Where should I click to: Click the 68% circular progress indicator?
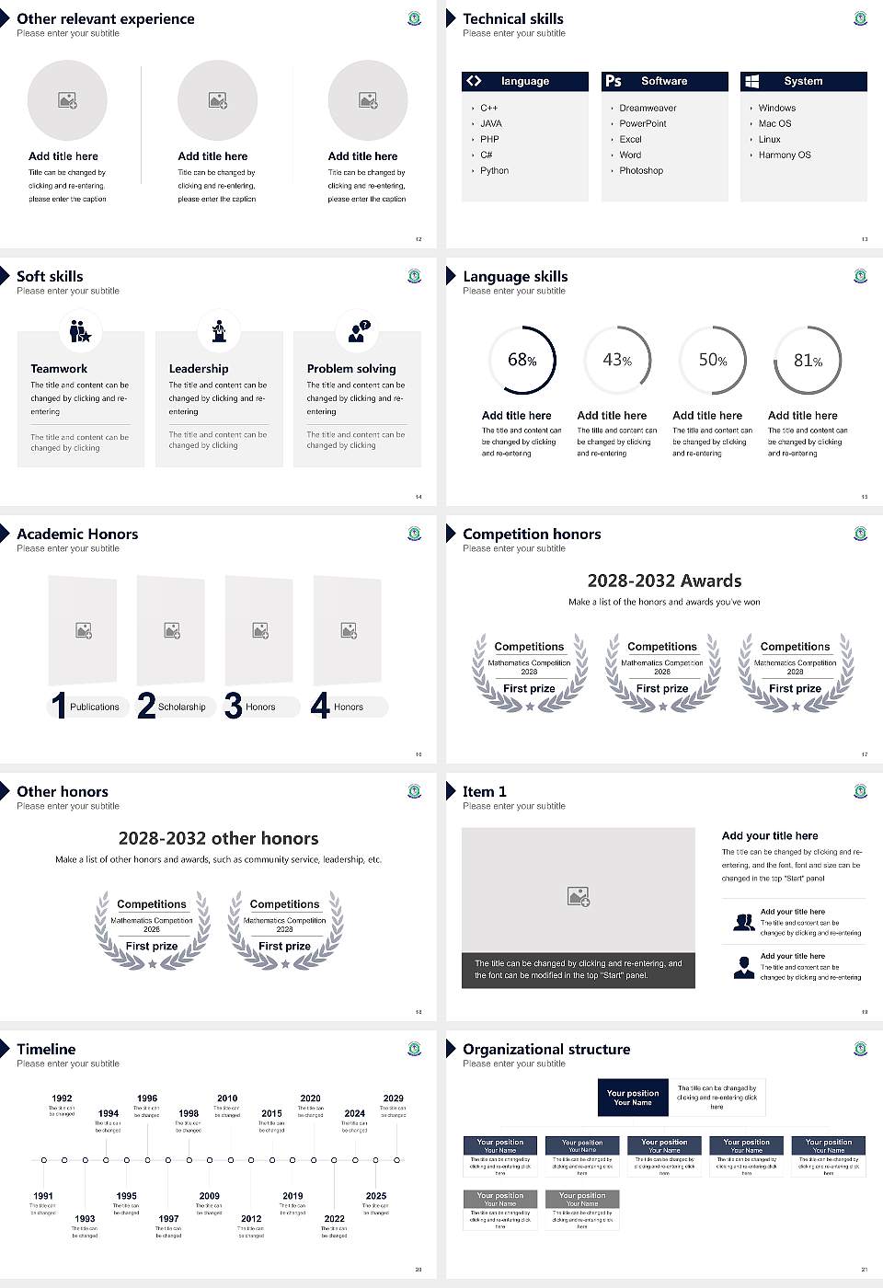[522, 360]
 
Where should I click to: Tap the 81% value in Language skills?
[808, 361]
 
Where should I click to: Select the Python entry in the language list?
[494, 170]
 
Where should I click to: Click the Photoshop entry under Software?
[641, 170]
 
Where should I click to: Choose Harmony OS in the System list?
[785, 155]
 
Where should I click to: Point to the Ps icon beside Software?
[614, 81]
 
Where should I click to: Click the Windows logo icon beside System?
[751, 81]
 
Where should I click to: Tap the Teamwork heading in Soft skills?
[59, 368]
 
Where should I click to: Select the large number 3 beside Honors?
[233, 706]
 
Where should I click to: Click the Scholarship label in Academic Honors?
[181, 707]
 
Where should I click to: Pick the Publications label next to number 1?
[95, 707]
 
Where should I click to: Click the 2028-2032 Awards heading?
[664, 581]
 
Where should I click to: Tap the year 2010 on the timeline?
[227, 1098]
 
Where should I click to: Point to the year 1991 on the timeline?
[43, 1196]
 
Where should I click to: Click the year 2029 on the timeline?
[394, 1098]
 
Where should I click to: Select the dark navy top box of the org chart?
[633, 1098]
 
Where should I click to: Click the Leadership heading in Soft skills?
[199, 368]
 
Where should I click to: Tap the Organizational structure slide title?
[546, 1049]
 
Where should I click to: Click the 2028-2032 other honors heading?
[219, 838]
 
